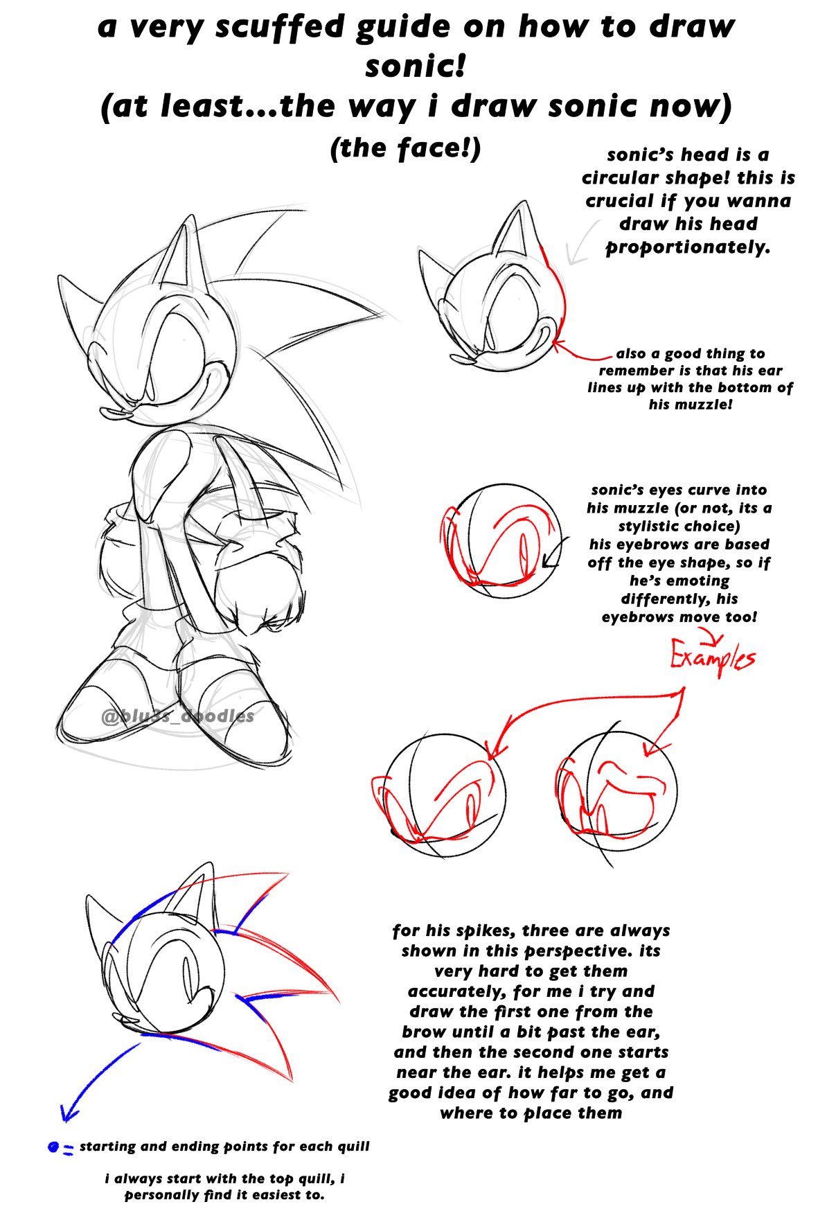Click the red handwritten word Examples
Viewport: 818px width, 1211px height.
tap(712, 656)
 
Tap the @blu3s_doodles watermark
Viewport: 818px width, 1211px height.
tap(177, 716)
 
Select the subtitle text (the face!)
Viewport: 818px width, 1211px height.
tap(406, 148)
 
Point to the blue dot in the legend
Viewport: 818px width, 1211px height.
tap(53, 1147)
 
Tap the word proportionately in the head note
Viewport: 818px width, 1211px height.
tap(688, 247)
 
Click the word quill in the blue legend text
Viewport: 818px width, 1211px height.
tap(353, 1147)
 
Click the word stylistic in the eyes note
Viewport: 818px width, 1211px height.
tap(655, 527)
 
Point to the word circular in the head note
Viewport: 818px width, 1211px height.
tap(619, 178)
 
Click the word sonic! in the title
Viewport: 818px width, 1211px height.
tap(415, 67)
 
